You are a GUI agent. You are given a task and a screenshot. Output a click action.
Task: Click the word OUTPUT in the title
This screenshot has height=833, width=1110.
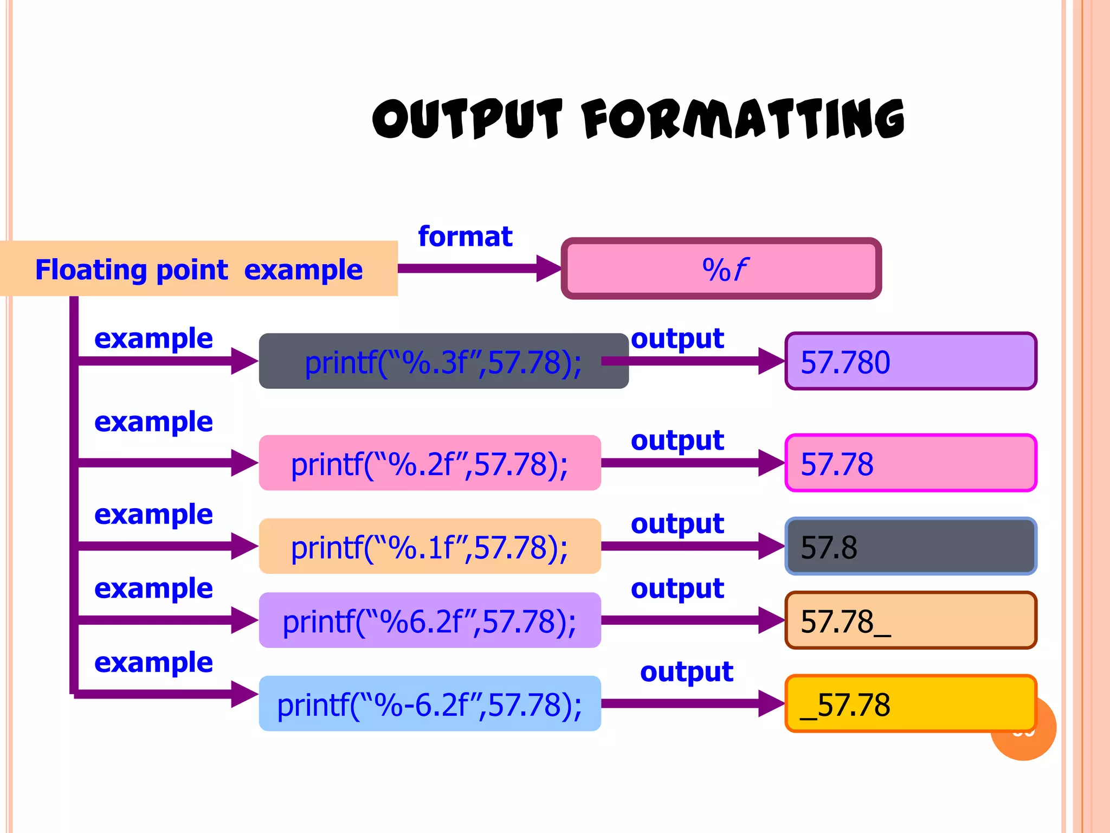click(x=467, y=118)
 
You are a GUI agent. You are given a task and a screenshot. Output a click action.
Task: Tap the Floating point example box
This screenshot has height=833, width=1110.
click(x=198, y=269)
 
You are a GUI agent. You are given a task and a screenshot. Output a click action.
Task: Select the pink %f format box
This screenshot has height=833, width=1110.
click(x=721, y=269)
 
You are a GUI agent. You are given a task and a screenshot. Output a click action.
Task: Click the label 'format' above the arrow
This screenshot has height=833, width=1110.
click(x=465, y=236)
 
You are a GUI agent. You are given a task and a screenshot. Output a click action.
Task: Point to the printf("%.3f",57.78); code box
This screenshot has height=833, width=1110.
click(x=443, y=362)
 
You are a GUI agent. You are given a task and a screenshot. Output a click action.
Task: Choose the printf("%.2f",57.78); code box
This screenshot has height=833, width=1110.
click(x=430, y=464)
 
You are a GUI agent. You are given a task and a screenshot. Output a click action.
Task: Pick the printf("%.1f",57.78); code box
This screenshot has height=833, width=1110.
click(x=430, y=547)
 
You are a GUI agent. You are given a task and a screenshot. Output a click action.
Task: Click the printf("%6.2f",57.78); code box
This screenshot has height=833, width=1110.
click(x=430, y=621)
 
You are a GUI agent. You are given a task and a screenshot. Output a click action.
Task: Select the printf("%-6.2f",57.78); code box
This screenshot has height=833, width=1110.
click(x=430, y=704)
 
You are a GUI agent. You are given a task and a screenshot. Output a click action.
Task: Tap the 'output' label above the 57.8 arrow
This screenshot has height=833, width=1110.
click(x=677, y=524)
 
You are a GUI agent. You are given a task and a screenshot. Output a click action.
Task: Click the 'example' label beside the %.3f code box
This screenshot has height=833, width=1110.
click(x=153, y=339)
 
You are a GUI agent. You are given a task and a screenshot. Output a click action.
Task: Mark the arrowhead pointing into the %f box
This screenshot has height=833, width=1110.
click(x=548, y=268)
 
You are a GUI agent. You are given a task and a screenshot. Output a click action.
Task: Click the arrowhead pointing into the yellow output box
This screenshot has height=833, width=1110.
click(x=771, y=703)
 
